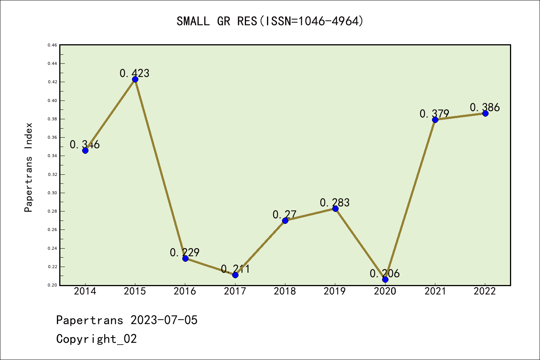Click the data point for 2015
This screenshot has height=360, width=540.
135,79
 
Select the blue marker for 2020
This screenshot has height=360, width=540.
385,279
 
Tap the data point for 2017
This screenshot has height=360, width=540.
235,275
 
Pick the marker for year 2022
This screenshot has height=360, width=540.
485,113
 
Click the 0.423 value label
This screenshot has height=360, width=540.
135,73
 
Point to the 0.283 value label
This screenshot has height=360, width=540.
334,202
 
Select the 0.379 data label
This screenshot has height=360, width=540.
434,114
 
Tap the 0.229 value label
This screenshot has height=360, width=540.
184,252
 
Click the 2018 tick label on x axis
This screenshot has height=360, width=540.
285,291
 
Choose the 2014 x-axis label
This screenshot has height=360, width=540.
85,291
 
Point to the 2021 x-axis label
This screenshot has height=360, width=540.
435,291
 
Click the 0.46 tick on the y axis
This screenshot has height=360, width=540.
52,45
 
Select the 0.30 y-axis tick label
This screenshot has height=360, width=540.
52,193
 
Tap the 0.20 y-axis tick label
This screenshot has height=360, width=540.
52,285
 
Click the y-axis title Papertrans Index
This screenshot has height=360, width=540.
28,167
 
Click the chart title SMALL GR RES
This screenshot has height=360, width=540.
270,21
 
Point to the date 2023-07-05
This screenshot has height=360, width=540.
164,320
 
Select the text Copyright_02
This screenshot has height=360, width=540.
96,339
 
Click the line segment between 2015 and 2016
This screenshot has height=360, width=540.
160,169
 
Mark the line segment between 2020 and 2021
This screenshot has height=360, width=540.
410,199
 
